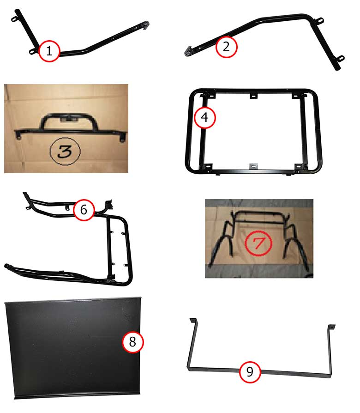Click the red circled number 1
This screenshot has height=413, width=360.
(49, 51)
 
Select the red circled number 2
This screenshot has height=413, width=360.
(226, 47)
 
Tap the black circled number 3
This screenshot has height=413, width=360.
(65, 151)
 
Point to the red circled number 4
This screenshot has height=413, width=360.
(205, 117)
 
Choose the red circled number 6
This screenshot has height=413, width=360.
(84, 210)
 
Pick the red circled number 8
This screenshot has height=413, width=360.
(132, 342)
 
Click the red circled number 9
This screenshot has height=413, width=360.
(250, 371)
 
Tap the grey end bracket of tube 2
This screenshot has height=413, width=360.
(188, 51)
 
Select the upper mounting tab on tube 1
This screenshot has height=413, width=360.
(14, 18)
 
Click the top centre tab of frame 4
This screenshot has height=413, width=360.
(253, 96)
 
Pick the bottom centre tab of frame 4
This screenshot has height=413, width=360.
(253, 166)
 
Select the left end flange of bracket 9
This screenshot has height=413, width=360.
(193, 321)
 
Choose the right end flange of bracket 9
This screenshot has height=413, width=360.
(331, 327)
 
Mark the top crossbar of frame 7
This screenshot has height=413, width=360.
(259, 213)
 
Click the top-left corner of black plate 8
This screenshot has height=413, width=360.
(5, 303)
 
